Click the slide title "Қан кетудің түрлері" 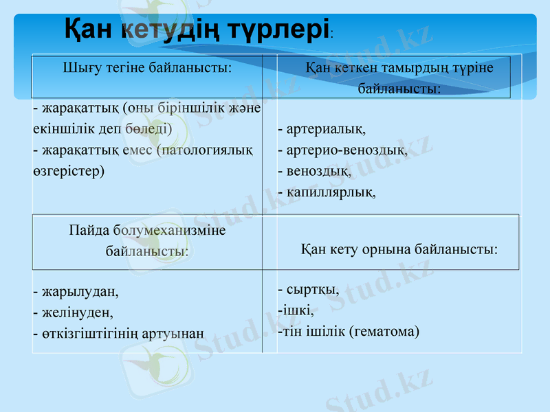tap(197, 29)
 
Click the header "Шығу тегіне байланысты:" tap(147, 68)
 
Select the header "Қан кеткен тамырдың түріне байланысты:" tap(399, 78)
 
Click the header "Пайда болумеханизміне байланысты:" tap(147, 241)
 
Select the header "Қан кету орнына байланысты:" tap(399, 249)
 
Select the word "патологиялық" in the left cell tap(206, 150)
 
